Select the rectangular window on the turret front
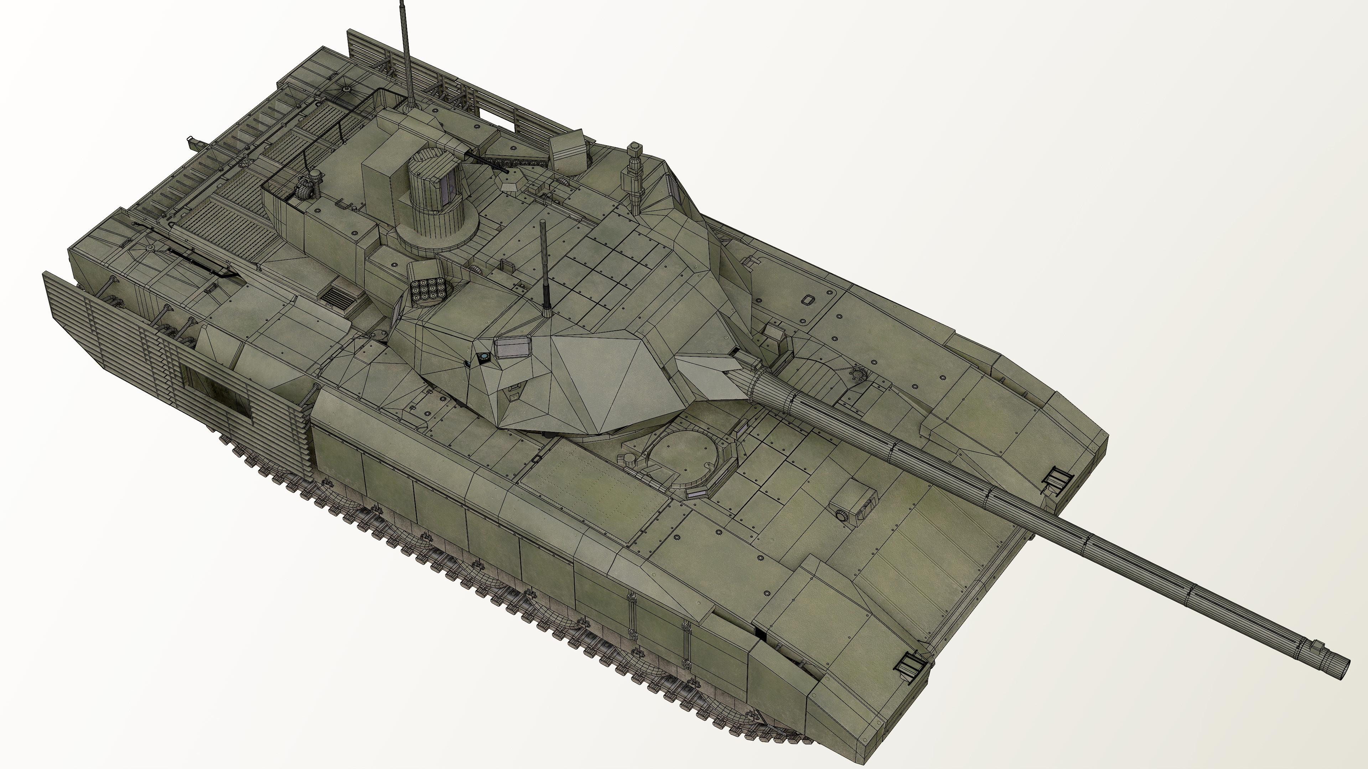(513, 347)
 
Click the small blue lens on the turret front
(484, 357)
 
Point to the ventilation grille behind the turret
(340, 300)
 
